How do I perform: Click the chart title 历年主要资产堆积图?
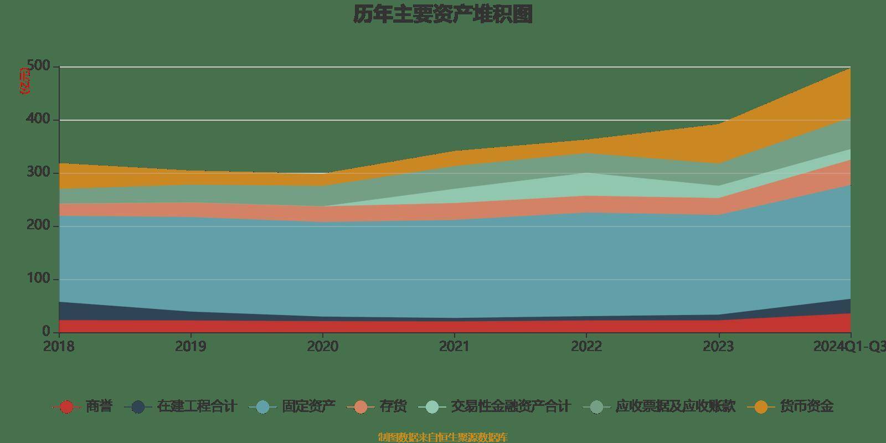click(443, 14)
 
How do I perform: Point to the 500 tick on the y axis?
click(39, 66)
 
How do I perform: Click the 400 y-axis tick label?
click(39, 120)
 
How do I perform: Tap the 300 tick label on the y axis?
click(39, 173)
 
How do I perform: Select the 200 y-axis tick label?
click(39, 226)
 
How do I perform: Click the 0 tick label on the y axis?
click(47, 332)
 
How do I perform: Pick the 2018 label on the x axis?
click(59, 347)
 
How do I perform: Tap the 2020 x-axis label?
click(322, 347)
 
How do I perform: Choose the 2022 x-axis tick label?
click(586, 347)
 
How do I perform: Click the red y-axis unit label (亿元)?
click(25, 81)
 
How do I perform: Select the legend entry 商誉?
click(99, 406)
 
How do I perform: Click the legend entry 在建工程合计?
click(196, 406)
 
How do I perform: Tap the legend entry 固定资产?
click(308, 406)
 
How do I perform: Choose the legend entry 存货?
click(393, 406)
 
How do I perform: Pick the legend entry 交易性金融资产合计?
click(510, 406)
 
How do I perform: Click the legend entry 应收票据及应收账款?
click(675, 406)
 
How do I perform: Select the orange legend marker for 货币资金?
click(761, 407)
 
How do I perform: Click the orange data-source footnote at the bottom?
click(442, 437)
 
